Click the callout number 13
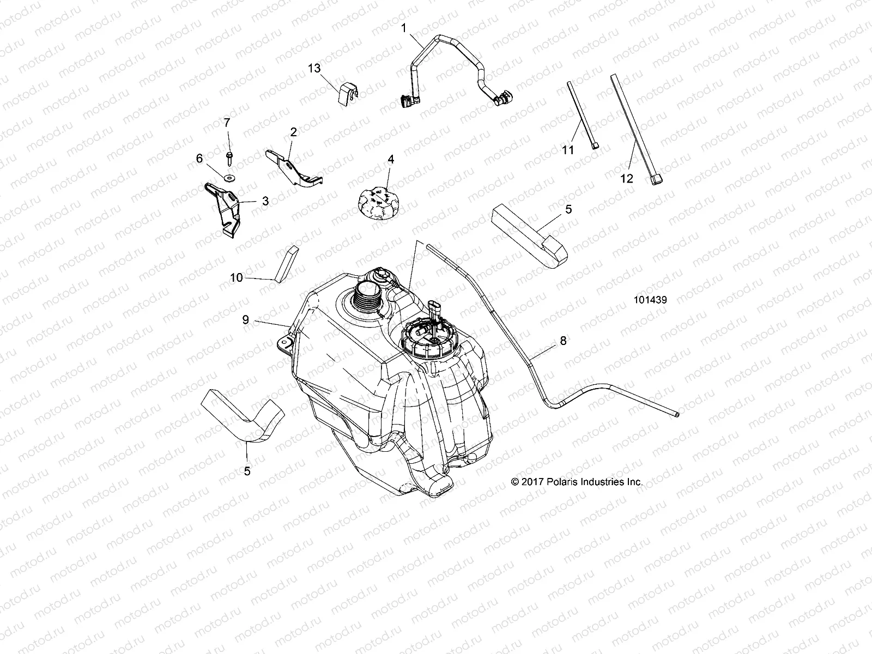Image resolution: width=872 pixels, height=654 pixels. click(314, 68)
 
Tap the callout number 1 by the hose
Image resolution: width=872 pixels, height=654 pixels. click(404, 28)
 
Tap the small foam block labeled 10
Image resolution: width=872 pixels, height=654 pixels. click(287, 264)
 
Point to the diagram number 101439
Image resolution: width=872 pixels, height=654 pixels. click(650, 299)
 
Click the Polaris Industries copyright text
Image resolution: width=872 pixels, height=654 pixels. click(577, 482)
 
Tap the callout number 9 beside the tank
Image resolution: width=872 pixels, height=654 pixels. click(246, 320)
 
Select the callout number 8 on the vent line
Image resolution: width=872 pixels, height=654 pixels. click(563, 341)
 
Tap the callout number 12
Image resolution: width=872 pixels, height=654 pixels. click(627, 178)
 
